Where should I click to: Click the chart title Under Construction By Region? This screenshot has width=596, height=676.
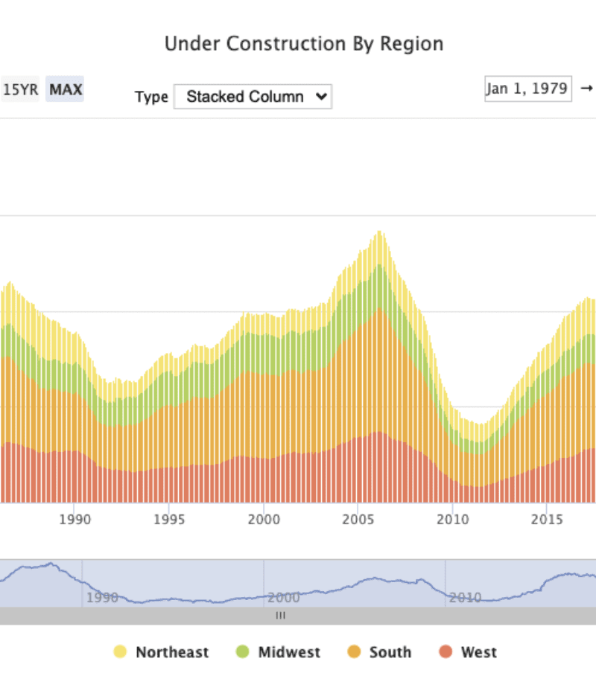pyautogui.click(x=304, y=43)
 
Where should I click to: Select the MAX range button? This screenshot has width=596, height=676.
pyautogui.click(x=66, y=90)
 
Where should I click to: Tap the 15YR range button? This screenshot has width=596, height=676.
pyautogui.click(x=20, y=90)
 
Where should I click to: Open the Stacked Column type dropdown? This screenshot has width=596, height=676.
pyautogui.click(x=253, y=96)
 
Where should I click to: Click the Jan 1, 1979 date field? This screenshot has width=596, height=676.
pyautogui.click(x=528, y=89)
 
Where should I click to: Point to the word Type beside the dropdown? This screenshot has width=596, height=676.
pyautogui.click(x=151, y=97)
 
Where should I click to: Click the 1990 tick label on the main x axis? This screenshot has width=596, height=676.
pyautogui.click(x=74, y=519)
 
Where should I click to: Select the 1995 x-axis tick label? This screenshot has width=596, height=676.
pyautogui.click(x=169, y=519)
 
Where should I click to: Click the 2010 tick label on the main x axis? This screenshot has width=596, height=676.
pyautogui.click(x=453, y=519)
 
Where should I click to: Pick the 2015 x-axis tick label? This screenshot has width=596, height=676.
pyautogui.click(x=548, y=519)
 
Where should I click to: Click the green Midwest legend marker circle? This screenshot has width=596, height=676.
pyautogui.click(x=242, y=652)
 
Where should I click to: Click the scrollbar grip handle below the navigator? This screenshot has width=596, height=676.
pyautogui.click(x=281, y=616)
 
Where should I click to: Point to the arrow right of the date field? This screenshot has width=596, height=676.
pyautogui.click(x=586, y=89)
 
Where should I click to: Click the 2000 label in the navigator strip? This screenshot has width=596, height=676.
pyautogui.click(x=284, y=597)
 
